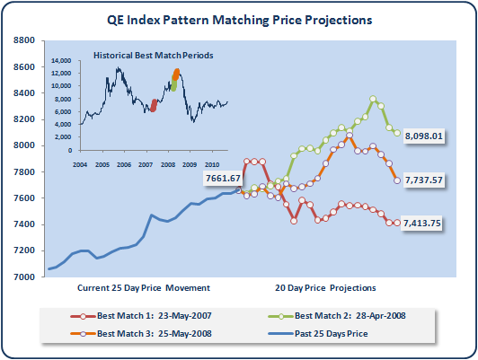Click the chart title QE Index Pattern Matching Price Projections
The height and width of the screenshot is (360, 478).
pos(239,20)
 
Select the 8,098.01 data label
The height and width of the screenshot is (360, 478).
pos(424,136)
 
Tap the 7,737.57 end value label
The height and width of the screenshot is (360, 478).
pos(424,180)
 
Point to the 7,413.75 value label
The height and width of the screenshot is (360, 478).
pos(422,224)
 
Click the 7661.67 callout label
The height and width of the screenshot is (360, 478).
pos(223,178)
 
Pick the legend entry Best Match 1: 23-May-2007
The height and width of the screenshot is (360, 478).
pos(141,316)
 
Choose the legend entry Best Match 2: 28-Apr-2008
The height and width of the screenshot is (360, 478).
pos(337,316)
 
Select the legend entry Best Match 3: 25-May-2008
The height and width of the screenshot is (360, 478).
pos(141,333)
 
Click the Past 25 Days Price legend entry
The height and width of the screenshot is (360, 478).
pos(318,333)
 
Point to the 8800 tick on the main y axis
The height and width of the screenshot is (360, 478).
pos(24,40)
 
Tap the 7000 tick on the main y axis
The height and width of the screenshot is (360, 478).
pos(24,277)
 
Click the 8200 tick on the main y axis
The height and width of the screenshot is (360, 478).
pos(24,119)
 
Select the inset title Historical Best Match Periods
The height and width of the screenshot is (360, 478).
pos(153,56)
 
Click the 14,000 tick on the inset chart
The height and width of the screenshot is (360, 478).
pos(61,61)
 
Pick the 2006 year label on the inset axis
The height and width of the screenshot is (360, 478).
pos(124,165)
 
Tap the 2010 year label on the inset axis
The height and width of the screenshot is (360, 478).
pos(212,165)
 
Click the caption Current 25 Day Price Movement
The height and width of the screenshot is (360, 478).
pos(144,288)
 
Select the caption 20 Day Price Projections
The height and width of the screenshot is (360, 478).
pos(325,288)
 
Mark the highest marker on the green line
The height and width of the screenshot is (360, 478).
pos(373,99)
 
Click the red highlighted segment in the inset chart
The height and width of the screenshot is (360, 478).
pos(154,105)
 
